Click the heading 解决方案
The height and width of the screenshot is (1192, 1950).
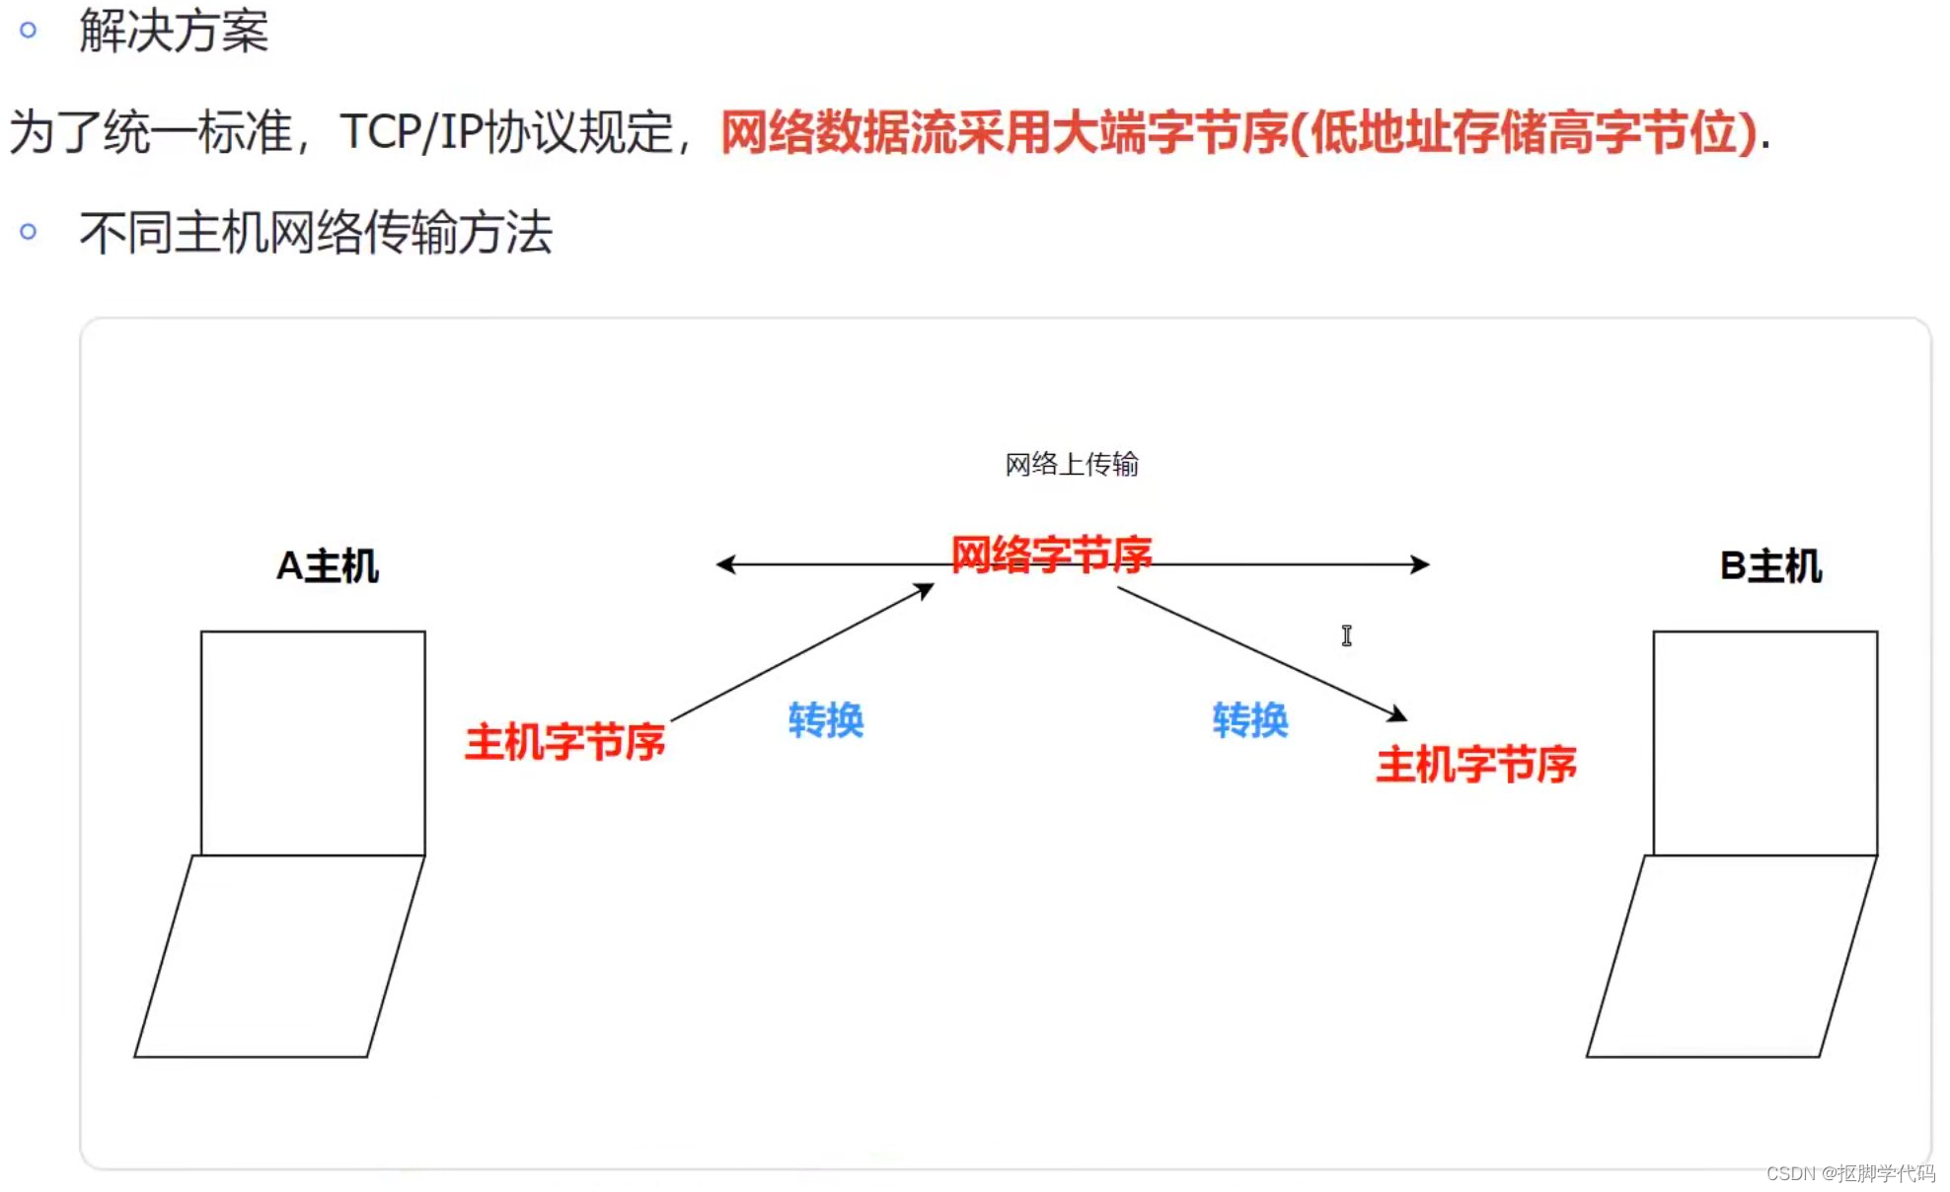(174, 31)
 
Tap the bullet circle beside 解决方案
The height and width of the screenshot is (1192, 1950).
(29, 31)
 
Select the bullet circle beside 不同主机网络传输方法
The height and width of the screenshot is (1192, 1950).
(29, 232)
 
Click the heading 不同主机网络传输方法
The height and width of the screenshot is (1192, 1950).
(316, 233)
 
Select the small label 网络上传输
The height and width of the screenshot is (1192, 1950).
(1072, 464)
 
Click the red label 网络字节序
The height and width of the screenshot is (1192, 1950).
(1051, 554)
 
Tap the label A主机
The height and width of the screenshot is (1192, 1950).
(328, 566)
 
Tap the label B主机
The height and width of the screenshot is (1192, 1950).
(1770, 566)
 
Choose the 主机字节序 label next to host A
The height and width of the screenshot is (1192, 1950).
(565, 742)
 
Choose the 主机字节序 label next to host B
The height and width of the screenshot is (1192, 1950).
(1476, 765)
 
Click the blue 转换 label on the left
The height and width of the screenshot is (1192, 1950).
(826, 720)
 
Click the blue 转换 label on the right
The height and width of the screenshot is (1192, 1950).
(1250, 720)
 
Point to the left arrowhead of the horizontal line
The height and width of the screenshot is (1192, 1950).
(726, 564)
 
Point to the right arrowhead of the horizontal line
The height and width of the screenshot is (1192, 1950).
(1420, 564)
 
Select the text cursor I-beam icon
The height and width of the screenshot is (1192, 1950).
(1347, 635)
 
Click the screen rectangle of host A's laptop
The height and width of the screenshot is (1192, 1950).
(313, 742)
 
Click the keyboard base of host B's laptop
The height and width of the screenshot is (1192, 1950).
(1732, 956)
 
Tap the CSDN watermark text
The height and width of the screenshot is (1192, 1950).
(1850, 1173)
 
